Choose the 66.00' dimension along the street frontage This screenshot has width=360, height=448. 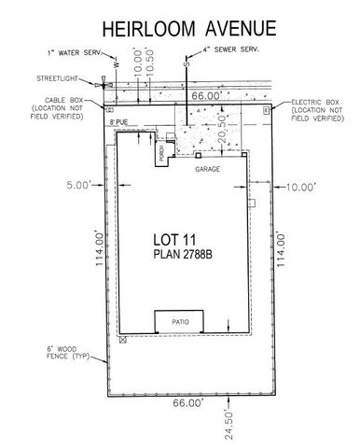point(205,95)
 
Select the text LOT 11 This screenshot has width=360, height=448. point(182,237)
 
